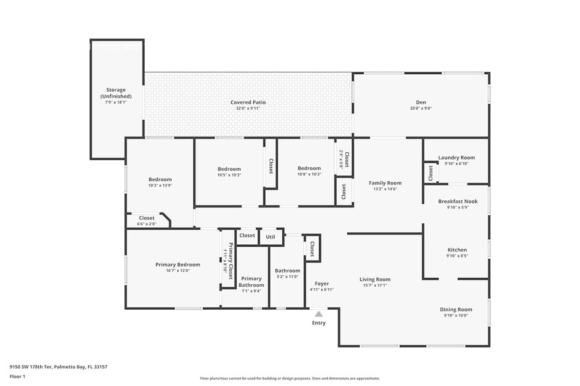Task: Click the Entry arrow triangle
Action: [x=319, y=314]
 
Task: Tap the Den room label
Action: [x=421, y=102]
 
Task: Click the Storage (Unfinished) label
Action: [x=116, y=93]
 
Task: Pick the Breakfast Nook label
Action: [x=458, y=202]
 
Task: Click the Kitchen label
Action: [x=457, y=250]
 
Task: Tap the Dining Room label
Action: [x=456, y=309]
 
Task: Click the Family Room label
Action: [x=385, y=183]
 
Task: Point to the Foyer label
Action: [x=322, y=284]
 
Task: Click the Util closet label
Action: [x=270, y=236]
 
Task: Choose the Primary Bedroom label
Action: [x=178, y=265]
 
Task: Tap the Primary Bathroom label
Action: [x=251, y=282]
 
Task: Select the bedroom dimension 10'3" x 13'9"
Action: [x=160, y=186]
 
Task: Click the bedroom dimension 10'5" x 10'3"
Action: [x=230, y=175]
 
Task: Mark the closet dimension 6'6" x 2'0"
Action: [x=147, y=224]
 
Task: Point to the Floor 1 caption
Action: [x=17, y=376]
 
